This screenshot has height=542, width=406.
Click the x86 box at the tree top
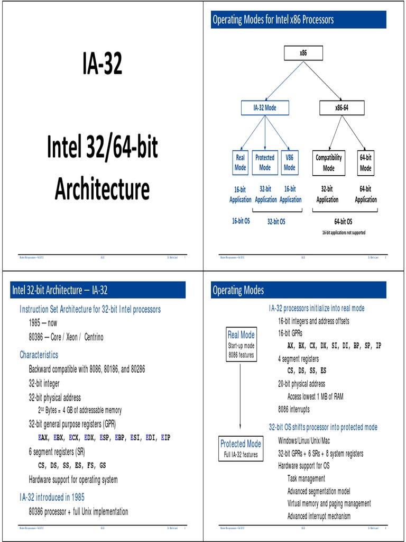pos(303,53)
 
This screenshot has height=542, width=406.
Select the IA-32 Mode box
pos(264,108)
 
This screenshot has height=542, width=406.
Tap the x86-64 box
pos(342,108)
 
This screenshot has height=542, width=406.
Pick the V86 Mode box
pos(290,162)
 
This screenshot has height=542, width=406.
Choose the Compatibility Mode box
pos(328,163)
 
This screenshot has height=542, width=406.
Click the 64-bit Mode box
pos(365,163)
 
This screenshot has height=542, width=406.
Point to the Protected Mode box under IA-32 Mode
pos(265,162)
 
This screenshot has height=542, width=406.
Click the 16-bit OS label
pos(241,221)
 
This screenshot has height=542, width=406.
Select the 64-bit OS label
pos(343,222)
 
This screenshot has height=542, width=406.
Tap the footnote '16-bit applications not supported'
pos(344,232)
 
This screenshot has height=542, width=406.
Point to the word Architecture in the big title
pos(102,189)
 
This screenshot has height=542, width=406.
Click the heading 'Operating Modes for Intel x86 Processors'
pos(273,20)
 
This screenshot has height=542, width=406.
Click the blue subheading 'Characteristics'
pos(39,355)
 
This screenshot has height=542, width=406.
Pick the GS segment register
pos(103,466)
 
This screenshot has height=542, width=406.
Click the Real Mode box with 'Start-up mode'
pos(241,345)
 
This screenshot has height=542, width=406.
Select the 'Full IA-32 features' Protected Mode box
pos(241,449)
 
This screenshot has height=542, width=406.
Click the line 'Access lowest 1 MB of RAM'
pos(315,396)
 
